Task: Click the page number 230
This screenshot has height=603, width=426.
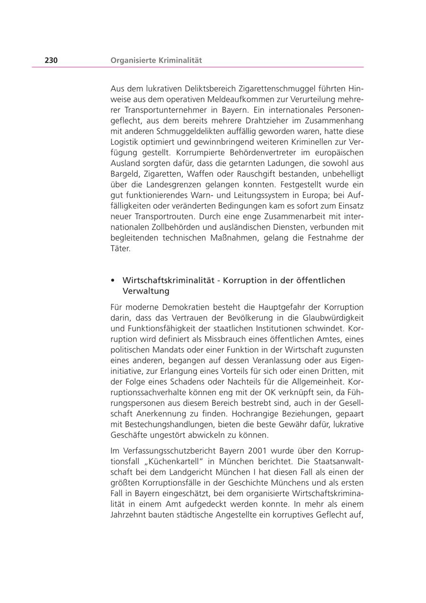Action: pyautogui.click(x=51, y=60)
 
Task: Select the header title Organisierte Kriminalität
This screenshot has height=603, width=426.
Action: pyautogui.click(x=156, y=60)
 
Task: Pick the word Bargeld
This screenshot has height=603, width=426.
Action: pyautogui.click(x=124, y=174)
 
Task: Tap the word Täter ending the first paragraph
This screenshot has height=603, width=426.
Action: pyautogui.click(x=120, y=248)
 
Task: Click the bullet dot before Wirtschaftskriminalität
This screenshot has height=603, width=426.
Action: pyautogui.click(x=113, y=280)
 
